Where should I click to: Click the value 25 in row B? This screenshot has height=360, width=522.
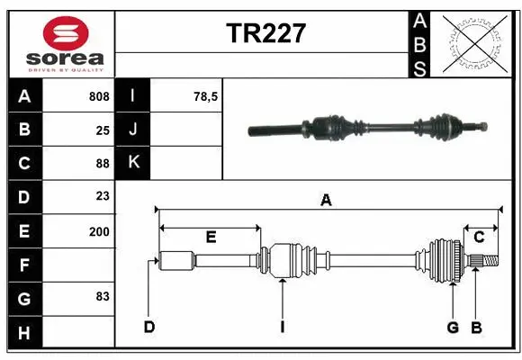[x=103, y=130]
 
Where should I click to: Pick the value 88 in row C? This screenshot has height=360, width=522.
[x=103, y=163]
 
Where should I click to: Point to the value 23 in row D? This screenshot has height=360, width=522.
[x=103, y=196]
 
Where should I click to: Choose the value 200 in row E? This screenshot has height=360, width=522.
[x=99, y=230]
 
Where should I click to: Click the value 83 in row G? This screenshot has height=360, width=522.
[x=103, y=296]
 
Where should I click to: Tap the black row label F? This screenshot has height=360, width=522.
[x=24, y=264]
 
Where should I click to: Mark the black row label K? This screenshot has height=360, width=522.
[x=133, y=163]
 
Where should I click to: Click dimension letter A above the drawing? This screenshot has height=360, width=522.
[x=326, y=202]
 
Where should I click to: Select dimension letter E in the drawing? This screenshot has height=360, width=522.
[x=211, y=238]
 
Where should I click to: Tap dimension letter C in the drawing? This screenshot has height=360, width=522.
[x=479, y=238]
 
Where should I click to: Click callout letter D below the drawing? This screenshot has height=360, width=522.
[x=149, y=327]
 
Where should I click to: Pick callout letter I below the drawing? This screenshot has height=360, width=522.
[x=282, y=327]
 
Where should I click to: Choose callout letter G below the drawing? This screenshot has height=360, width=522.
[x=453, y=327]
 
